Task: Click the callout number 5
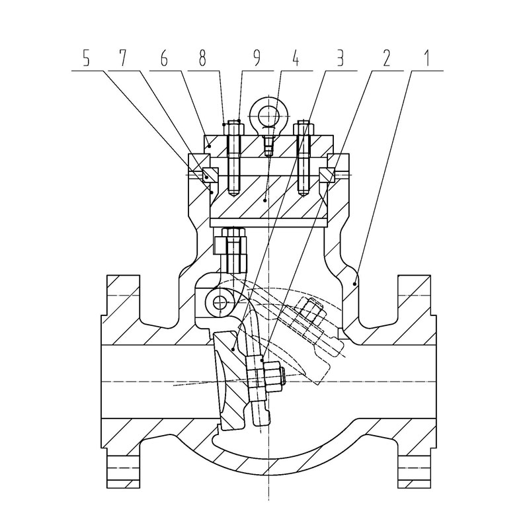click(x=87, y=58)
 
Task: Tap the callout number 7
click(x=122, y=58)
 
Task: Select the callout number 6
click(x=164, y=58)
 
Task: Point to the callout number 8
click(x=202, y=58)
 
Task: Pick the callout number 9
click(x=257, y=58)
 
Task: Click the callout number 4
click(x=296, y=58)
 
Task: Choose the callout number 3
click(x=340, y=58)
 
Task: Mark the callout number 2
click(x=386, y=58)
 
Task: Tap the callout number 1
click(x=427, y=58)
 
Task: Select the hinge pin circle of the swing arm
click(x=220, y=302)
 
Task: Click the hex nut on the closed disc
click(x=272, y=378)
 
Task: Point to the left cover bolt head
click(x=234, y=128)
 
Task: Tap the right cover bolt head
click(x=304, y=128)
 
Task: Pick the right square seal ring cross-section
click(x=327, y=175)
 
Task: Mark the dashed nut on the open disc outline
click(x=309, y=313)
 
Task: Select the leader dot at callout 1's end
click(x=354, y=284)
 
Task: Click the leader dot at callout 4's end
click(x=265, y=200)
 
